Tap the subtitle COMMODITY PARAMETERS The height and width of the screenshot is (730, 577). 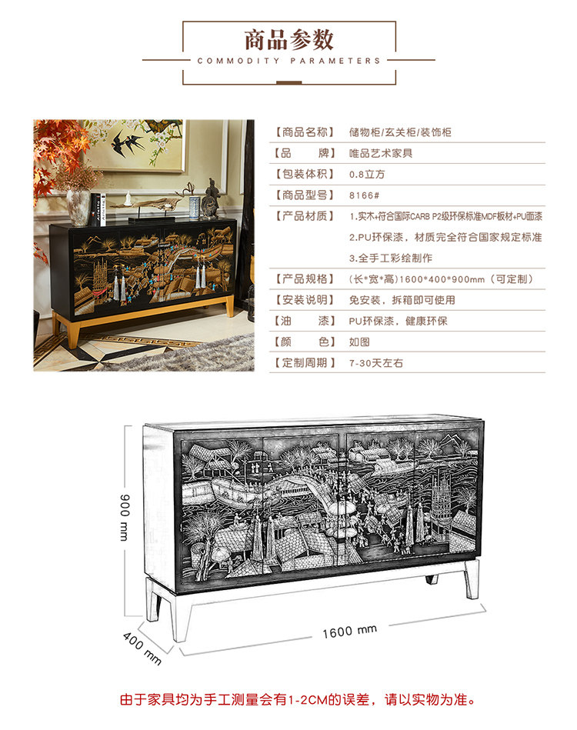pyautogui.click(x=288, y=61)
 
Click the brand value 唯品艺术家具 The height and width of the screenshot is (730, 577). pyautogui.click(x=381, y=153)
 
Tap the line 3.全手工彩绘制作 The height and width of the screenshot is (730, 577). pyautogui.click(x=390, y=258)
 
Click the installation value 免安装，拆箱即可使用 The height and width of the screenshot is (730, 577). pyautogui.click(x=402, y=300)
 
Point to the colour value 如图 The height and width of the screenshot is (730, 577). pyautogui.click(x=359, y=342)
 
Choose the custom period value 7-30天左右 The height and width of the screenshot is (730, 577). pyautogui.click(x=376, y=362)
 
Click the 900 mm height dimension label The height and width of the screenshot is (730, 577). pyautogui.click(x=124, y=516)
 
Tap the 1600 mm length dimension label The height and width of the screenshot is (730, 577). pyautogui.click(x=349, y=631)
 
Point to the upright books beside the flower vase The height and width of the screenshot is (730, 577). pyautogui.click(x=96, y=208)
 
